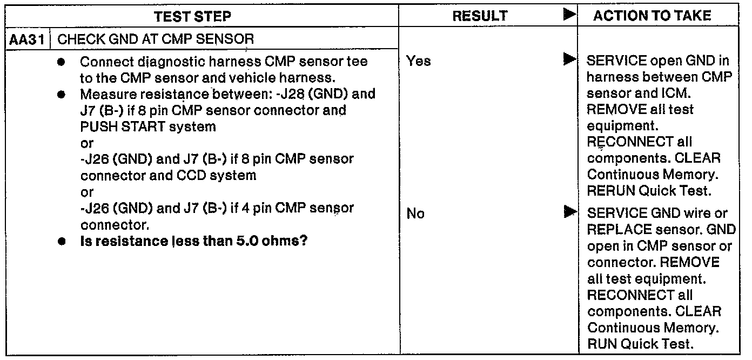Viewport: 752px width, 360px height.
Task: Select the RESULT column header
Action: point(480,16)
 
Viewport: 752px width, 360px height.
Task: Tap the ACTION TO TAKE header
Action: point(652,16)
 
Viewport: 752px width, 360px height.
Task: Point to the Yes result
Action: point(418,61)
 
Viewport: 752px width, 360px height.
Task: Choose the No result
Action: point(415,214)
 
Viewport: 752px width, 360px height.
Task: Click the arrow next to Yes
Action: point(568,59)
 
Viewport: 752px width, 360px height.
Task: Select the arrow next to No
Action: point(568,212)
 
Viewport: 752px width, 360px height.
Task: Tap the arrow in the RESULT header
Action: point(568,15)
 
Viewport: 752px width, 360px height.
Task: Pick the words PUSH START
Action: point(115,128)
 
